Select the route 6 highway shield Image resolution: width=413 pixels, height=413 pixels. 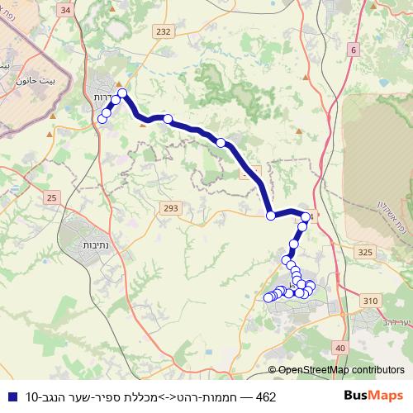[x=354, y=50]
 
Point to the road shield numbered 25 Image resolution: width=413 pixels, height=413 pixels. [x=52, y=197]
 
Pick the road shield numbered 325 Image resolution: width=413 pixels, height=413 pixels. [x=367, y=249]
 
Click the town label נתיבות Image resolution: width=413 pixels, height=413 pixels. [x=100, y=245]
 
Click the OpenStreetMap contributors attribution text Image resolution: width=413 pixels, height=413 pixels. [x=341, y=370]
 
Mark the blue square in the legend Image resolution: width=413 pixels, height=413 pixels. [x=10, y=397]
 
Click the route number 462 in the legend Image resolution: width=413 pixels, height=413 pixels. [x=266, y=397]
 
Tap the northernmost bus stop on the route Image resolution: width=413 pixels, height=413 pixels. [x=122, y=93]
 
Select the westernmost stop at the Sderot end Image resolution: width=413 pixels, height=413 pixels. [x=102, y=119]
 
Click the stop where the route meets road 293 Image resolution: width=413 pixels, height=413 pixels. [x=270, y=216]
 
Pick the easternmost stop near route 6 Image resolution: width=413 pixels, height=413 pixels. [x=306, y=216]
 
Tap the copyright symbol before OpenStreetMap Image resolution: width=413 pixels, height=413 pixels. [x=273, y=370]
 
